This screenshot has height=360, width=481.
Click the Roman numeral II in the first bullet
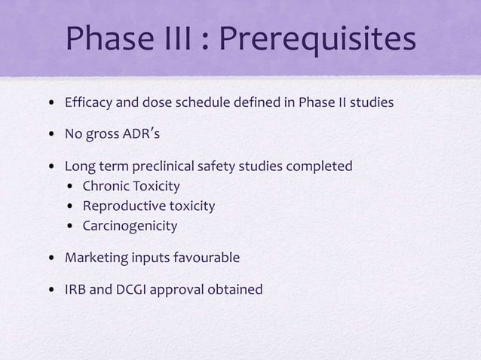click(x=347, y=103)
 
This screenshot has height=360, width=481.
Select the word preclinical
click(x=179, y=166)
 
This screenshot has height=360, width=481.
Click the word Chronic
click(x=105, y=185)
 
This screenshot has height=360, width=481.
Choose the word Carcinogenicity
click(x=130, y=225)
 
